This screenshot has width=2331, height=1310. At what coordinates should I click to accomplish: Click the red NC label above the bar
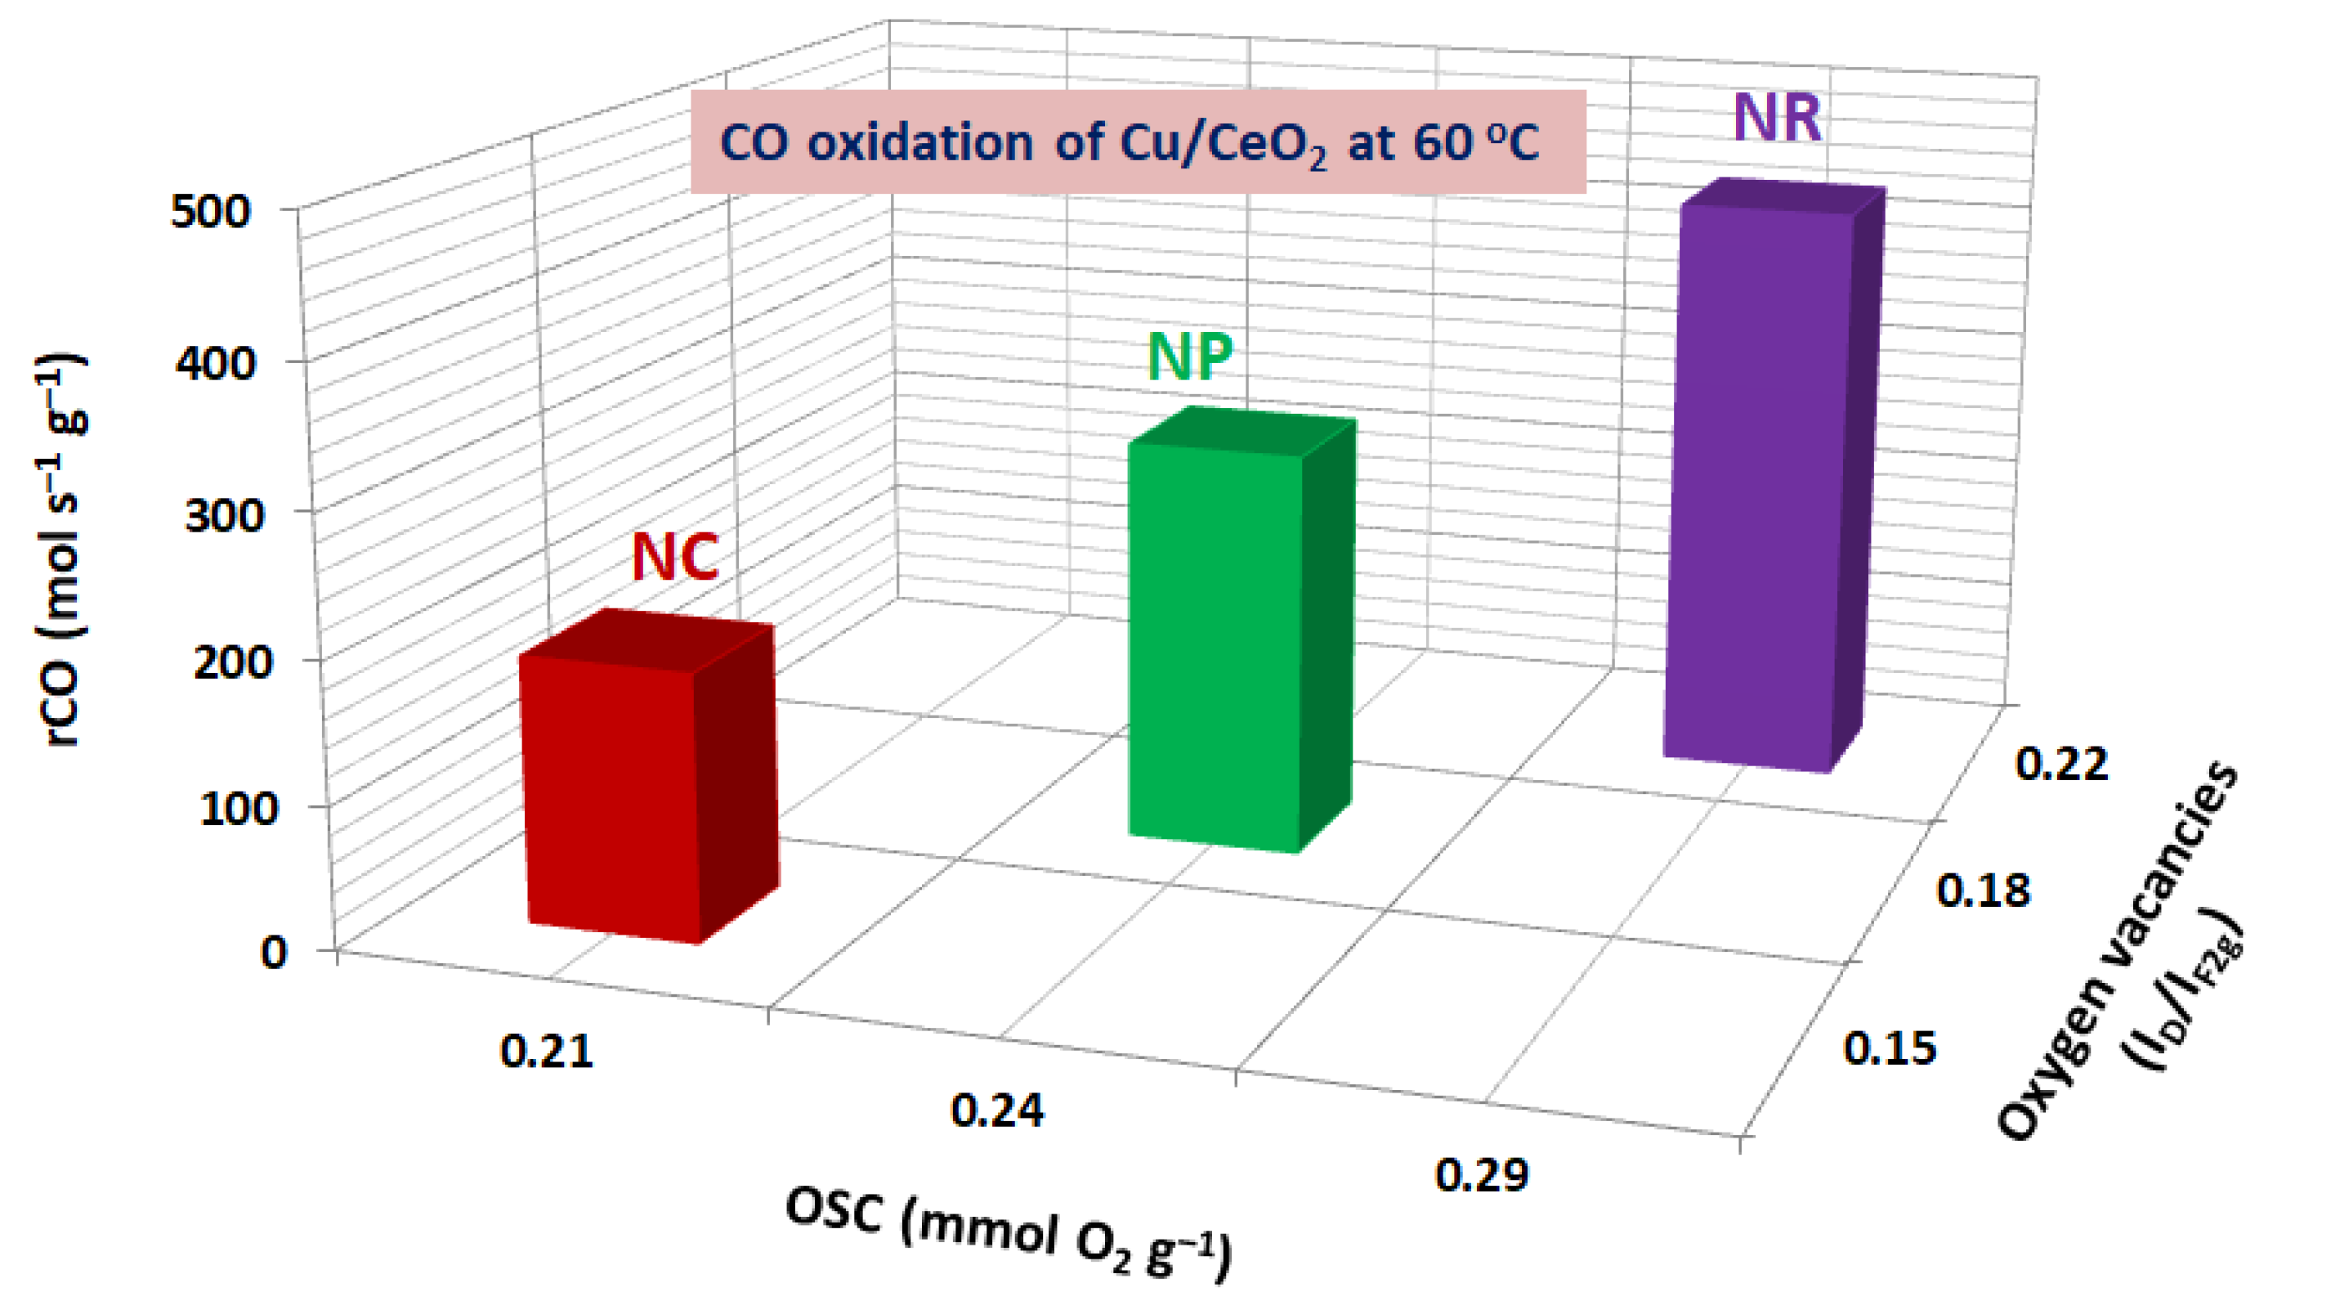(675, 557)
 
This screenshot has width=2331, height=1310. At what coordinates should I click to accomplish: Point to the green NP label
(1189, 357)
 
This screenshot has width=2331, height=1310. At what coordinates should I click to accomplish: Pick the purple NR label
(1776, 119)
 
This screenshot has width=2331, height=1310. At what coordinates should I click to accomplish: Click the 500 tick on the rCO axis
(210, 212)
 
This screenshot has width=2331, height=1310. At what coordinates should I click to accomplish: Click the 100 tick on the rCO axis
(238, 809)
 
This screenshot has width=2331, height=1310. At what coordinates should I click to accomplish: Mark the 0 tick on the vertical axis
(274, 953)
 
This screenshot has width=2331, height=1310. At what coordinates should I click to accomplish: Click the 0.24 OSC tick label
(997, 1110)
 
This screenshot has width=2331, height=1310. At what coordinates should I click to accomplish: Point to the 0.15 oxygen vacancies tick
(1890, 1048)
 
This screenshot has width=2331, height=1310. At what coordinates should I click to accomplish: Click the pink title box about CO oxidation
(1138, 142)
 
